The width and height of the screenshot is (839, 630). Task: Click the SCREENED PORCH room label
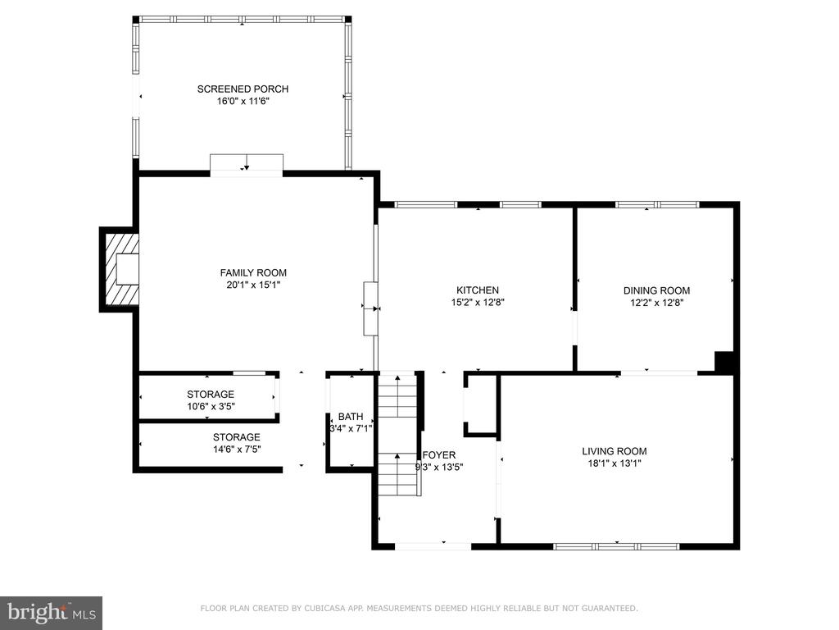tap(243, 89)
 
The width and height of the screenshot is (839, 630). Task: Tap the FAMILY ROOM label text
tap(253, 272)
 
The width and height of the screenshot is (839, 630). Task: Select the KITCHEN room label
tap(478, 290)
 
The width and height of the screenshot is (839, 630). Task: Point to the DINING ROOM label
tap(656, 291)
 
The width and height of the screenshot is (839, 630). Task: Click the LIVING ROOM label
tap(615, 451)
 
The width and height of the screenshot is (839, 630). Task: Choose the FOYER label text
tap(439, 454)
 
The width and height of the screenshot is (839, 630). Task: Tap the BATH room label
tap(351, 416)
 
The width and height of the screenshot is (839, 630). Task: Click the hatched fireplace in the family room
tap(121, 269)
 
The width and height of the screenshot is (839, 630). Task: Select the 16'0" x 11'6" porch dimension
tap(243, 101)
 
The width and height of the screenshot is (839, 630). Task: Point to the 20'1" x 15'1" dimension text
tap(253, 285)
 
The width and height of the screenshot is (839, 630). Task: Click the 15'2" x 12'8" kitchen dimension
tap(478, 302)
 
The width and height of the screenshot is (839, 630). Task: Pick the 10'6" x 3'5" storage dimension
tap(211, 406)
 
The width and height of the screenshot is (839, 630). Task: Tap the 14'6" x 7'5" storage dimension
tap(237, 449)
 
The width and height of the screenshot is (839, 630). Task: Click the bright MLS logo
tap(52, 612)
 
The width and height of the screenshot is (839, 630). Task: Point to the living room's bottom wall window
tap(616, 546)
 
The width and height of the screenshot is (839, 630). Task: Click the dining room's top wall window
tap(657, 204)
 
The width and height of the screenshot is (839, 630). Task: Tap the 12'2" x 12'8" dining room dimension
tap(656, 303)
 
